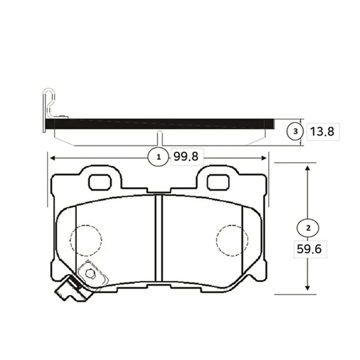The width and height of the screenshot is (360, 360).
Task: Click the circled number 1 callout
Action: coord(158,157)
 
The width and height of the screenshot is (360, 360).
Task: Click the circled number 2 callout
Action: coord(308,228)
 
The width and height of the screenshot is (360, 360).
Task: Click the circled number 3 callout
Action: coord(295,131)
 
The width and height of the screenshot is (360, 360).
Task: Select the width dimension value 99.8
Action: coord(186,157)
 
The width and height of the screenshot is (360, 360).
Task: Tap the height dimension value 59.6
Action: coord(310,249)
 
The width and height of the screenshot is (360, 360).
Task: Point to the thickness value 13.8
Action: coord(322,132)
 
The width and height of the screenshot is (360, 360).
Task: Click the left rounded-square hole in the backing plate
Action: coord(100,182)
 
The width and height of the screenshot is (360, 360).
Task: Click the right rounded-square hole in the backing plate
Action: coord(218,182)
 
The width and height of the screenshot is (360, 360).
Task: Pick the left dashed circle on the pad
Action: coord(86,240)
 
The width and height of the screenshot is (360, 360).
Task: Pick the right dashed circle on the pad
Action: coord(232,240)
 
